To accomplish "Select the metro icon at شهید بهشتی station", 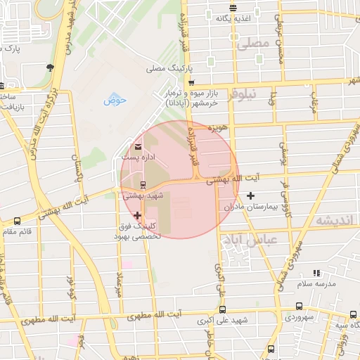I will (144, 186).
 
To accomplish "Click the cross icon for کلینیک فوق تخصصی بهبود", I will (137, 215).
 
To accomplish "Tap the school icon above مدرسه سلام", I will (316, 272).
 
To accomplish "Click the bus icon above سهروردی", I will (301, 306).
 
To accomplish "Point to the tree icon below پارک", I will (51, 67).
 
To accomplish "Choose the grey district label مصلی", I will (253, 44).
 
